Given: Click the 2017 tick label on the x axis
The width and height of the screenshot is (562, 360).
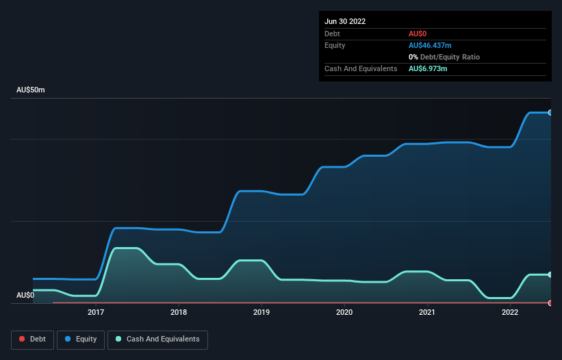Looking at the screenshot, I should click(96, 313).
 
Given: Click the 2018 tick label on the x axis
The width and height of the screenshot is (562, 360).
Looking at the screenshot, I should click(179, 313).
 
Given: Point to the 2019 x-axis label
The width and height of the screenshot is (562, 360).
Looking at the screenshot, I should click(261, 313).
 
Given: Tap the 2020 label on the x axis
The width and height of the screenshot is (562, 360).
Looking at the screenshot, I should click(344, 313).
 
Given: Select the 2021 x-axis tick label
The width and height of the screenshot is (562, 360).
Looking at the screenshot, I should click(427, 313).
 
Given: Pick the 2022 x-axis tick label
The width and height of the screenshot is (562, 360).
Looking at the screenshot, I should click(510, 313).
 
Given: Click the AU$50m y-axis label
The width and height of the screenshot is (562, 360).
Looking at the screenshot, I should click(30, 90).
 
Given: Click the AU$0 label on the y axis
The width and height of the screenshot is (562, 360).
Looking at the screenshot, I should click(25, 295).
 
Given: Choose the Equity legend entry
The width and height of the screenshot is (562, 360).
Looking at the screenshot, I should click(81, 339).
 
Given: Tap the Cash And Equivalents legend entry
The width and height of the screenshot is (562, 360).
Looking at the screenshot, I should click(157, 339).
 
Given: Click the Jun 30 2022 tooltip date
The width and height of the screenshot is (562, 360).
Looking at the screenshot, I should click(345, 21).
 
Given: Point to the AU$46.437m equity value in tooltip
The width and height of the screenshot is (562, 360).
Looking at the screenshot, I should click(432, 45).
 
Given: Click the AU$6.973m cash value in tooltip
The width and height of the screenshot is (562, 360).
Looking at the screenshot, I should click(428, 68).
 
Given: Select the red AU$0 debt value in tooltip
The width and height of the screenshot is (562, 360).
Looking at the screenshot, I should click(418, 34).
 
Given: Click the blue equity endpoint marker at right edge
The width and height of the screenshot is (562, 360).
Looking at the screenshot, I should click(550, 112).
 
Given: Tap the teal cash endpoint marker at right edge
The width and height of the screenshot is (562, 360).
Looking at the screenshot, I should click(550, 274).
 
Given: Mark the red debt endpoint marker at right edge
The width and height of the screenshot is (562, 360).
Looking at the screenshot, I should click(550, 303).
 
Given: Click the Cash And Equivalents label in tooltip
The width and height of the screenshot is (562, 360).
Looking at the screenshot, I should click(361, 68).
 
